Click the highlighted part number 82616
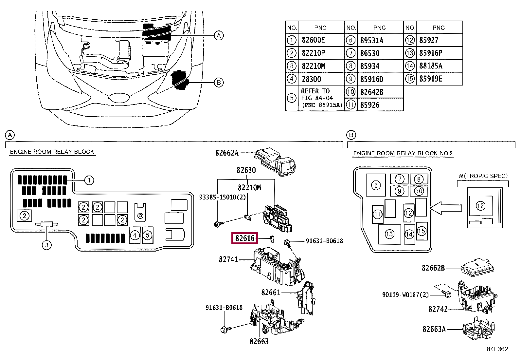[x=245, y=238]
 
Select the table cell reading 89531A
[x=380, y=40]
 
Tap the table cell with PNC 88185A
[x=439, y=66]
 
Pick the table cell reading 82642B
[x=380, y=92]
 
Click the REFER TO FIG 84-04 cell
[x=321, y=98]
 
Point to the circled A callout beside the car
[x=219, y=36]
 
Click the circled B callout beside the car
[x=219, y=83]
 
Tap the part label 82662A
[x=227, y=153]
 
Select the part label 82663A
[x=434, y=329]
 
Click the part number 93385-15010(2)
[x=222, y=197]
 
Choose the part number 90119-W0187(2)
[x=405, y=295]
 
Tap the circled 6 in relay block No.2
[x=376, y=185]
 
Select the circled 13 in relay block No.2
[x=389, y=234]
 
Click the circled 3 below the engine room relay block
[x=47, y=245]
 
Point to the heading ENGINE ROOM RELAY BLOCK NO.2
[x=403, y=153]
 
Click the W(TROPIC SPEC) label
[x=483, y=176]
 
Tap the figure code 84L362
[x=497, y=349]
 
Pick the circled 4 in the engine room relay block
[x=135, y=235]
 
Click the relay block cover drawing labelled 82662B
[x=477, y=267]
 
